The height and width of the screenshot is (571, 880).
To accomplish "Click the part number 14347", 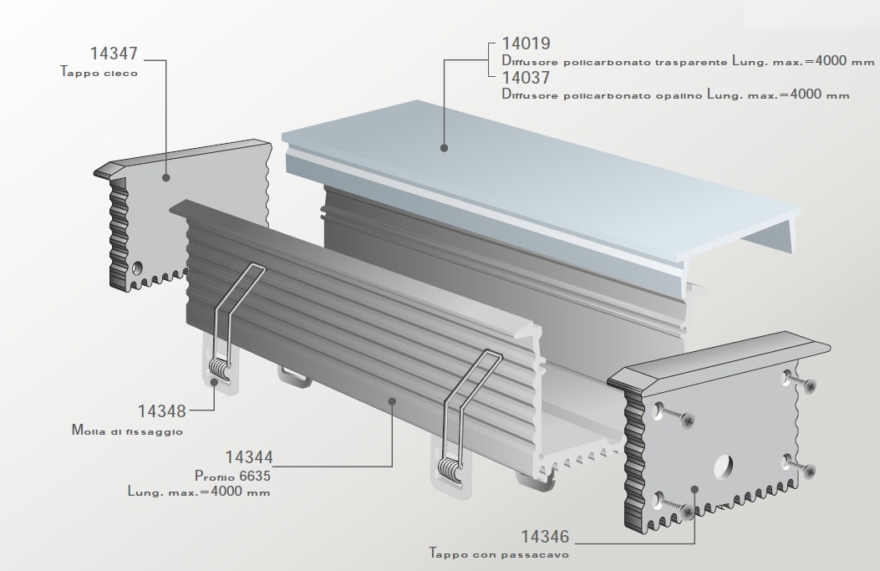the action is coord(114,54).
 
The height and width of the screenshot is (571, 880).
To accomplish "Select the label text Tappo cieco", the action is coord(99,72).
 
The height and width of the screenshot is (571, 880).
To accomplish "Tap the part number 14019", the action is coord(526,43).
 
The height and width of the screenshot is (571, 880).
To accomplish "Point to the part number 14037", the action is coord(526,78).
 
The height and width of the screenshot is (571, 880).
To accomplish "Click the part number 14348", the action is coord(162,411).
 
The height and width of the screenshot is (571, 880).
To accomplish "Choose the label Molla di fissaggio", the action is coord(127,431).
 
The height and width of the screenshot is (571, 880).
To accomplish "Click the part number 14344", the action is coord(249,457).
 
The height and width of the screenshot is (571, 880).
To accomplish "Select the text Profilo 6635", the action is coord(233,476).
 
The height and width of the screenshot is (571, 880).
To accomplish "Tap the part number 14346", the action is coord(545,537).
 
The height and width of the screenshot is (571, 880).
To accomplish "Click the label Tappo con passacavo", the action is coord(500,553).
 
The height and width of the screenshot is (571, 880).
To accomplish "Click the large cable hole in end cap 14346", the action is coord(724,466).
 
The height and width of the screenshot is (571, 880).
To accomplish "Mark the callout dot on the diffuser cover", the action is coord(444,148).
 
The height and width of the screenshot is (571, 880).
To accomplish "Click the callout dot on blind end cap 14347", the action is coord(165,177).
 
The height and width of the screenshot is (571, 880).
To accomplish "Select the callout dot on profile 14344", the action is coord(392,400).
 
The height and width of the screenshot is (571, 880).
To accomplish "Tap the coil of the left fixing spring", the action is coord(220,369).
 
